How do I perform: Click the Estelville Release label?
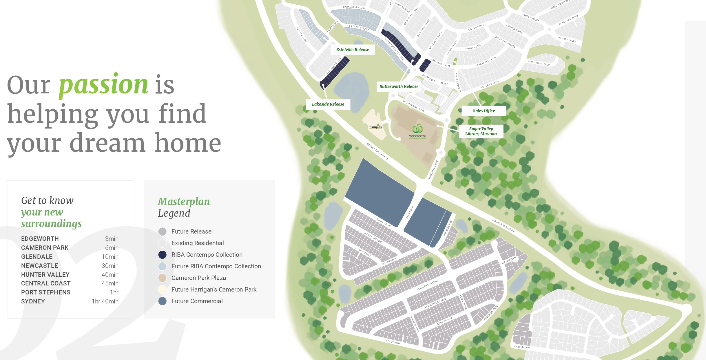point(353,50)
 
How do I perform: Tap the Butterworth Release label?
point(399,86)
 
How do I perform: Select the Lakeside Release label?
point(328,104)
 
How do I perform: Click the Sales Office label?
point(484,111)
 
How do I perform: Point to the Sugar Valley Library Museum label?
point(481,131)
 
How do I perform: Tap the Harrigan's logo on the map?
point(375,127)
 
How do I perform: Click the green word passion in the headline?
point(103,84)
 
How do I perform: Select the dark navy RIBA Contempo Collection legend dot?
point(163,255)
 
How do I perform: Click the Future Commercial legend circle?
point(163,301)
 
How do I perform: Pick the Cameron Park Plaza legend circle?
point(163,278)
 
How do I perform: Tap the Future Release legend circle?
point(163,231)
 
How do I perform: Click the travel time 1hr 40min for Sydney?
point(105,301)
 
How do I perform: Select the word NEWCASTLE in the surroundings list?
point(39,266)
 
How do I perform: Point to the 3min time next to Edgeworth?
point(112,239)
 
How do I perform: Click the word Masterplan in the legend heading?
point(184,202)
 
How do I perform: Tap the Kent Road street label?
point(409,212)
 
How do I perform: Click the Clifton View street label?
point(508,260)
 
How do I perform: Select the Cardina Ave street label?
point(522,347)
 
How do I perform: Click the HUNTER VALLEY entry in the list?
point(45,275)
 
